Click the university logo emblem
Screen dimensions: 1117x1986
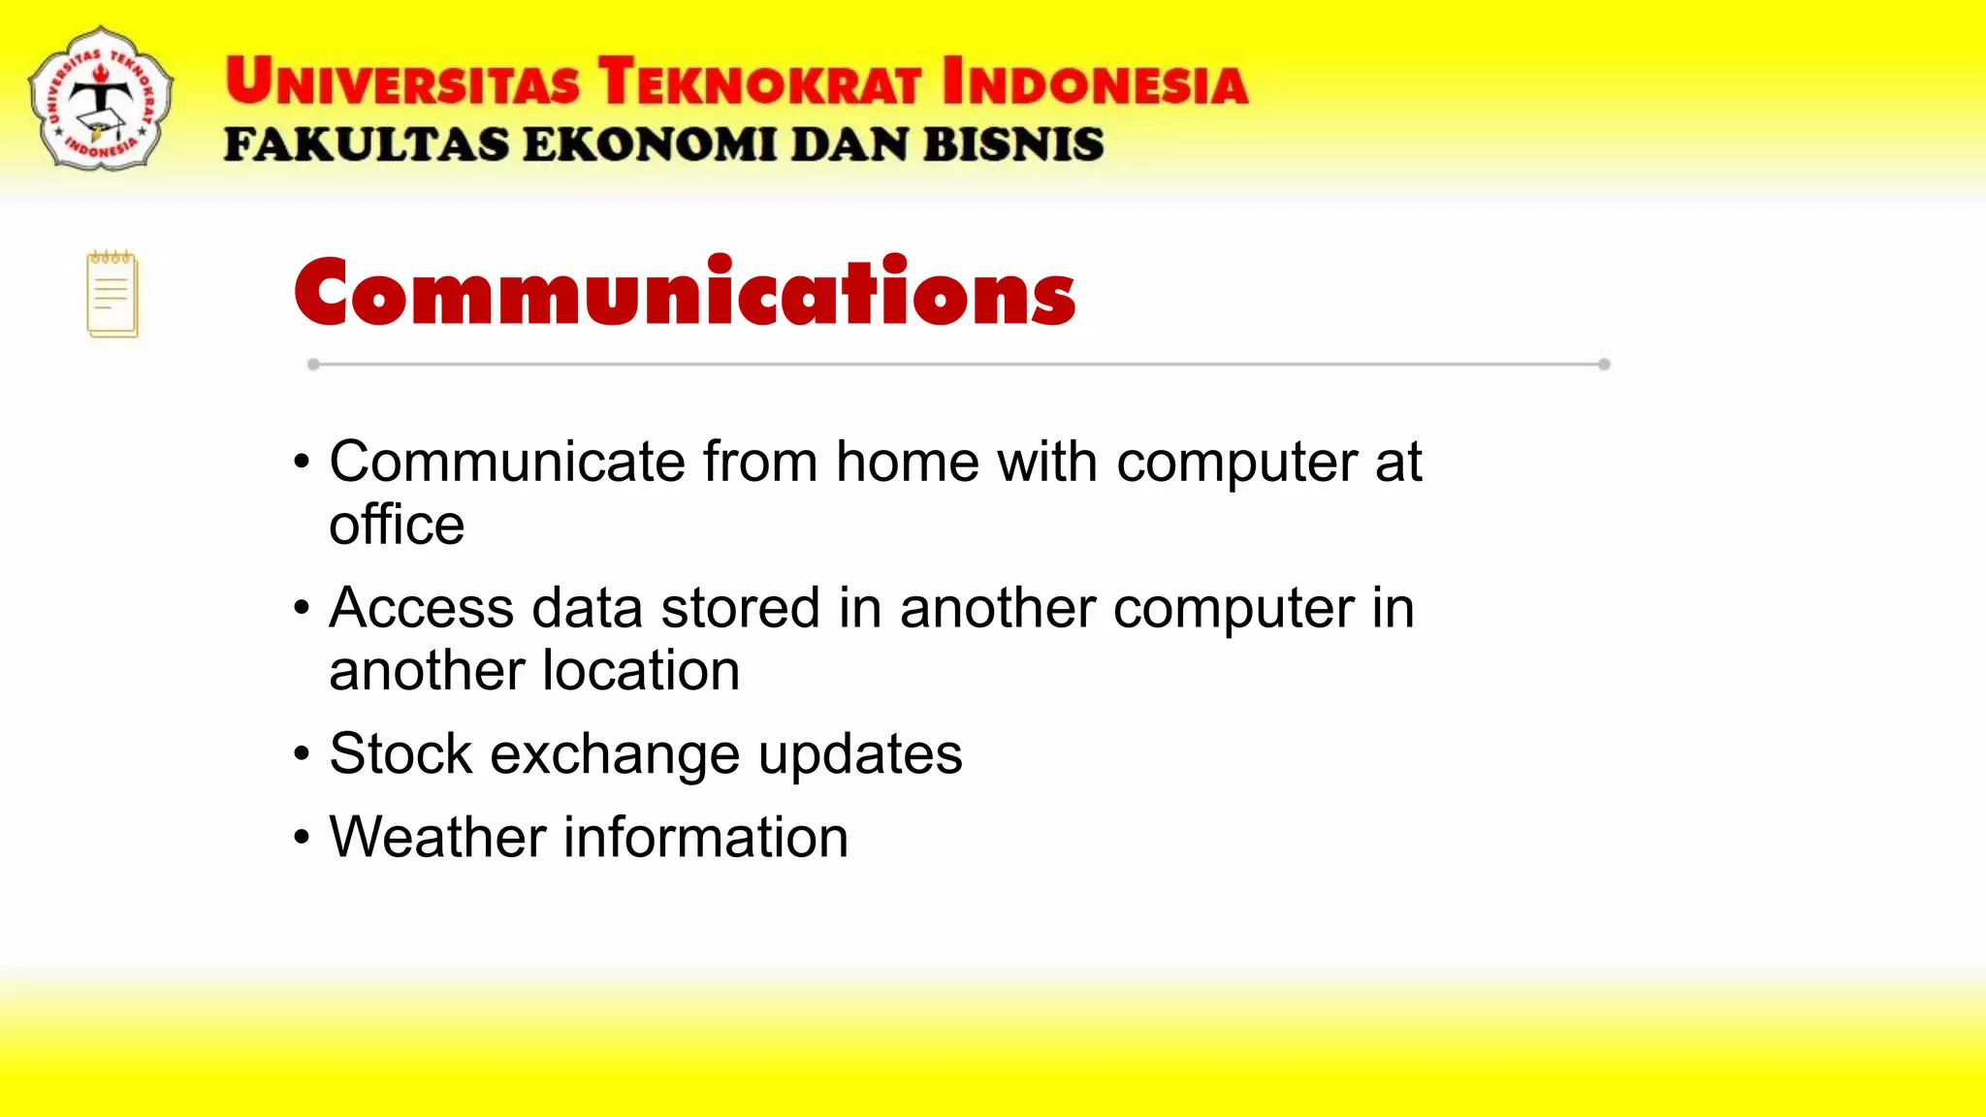coord(101,99)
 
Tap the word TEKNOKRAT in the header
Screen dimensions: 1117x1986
coord(758,81)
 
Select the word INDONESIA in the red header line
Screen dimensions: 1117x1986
coord(1095,81)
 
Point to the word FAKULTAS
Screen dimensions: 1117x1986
coord(366,145)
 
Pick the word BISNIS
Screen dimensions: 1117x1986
coord(1012,145)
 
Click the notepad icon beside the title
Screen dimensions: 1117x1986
coord(112,295)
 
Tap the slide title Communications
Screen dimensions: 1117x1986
coord(685,292)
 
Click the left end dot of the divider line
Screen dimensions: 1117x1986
coord(313,365)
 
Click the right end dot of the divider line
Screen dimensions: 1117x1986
coord(1604,365)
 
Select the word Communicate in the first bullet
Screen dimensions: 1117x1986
coord(507,462)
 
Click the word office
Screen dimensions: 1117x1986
coord(397,526)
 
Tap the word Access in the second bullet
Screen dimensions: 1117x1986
coord(421,609)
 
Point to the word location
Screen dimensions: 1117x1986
coord(641,671)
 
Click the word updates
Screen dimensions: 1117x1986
coord(860,755)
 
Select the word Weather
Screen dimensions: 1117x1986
coord(437,837)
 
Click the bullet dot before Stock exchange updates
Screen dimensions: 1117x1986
coord(303,754)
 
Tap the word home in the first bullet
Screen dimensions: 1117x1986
coord(908,462)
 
